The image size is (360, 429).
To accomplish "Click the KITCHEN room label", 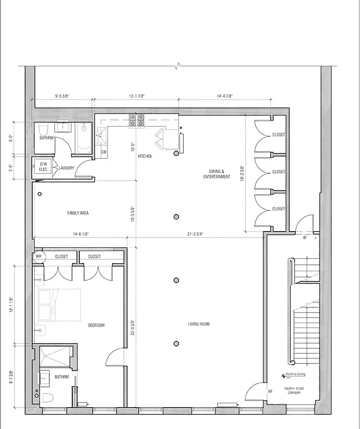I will click(145, 156).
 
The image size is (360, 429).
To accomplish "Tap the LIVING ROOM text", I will click(198, 324).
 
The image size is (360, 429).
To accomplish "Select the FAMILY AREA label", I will click(78, 213).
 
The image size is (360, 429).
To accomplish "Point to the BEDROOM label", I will click(96, 325).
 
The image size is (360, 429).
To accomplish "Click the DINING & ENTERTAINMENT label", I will click(216, 174).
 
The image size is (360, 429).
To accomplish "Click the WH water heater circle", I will click(38, 256).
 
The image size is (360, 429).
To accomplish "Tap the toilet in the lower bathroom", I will click(48, 398).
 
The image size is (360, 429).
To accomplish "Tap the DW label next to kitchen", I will click(103, 152).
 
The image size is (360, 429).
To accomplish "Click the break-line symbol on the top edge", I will click(179, 66).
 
